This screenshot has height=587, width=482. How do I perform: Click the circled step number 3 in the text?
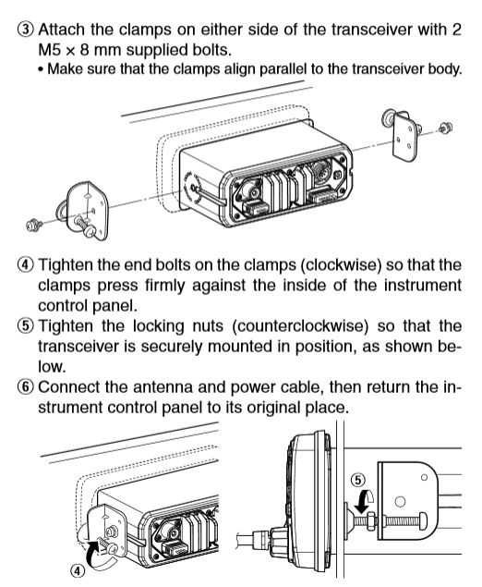tap(26, 30)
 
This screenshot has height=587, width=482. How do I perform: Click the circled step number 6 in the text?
tap(26, 386)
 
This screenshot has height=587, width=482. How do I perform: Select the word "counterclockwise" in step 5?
tap(300, 325)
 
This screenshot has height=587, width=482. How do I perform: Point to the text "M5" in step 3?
tap(49, 50)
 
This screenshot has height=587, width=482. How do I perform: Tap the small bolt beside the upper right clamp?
tap(445, 128)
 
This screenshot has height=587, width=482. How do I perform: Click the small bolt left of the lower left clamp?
tap(34, 225)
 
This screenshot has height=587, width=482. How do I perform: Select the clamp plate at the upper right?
tap(404, 138)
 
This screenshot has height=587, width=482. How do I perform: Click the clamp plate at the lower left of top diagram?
tap(88, 211)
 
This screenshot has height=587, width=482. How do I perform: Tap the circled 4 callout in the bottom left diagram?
tap(77, 571)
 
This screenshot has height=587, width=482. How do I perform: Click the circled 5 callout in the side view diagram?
tap(358, 480)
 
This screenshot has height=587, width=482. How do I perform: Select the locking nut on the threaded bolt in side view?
tap(371, 521)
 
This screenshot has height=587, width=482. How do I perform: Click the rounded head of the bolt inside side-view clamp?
tap(422, 521)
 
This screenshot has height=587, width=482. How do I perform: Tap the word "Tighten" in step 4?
tap(66, 265)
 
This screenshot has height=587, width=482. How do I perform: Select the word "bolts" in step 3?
tap(211, 50)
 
